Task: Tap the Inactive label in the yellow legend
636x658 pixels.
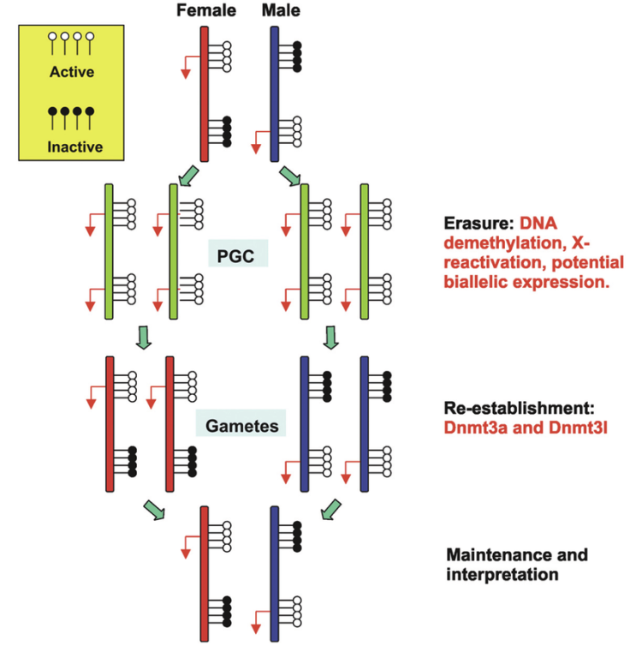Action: click(72, 147)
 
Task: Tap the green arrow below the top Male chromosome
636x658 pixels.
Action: click(291, 176)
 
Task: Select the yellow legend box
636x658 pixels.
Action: click(72, 93)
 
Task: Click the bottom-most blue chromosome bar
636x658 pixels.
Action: click(274, 572)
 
